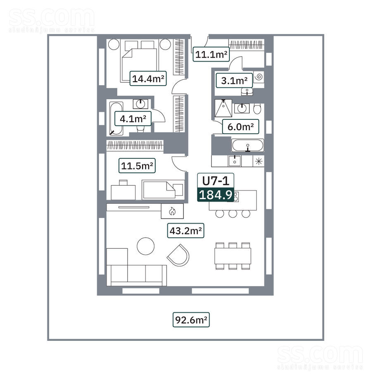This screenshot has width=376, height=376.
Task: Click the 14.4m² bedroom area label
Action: pyautogui.click(x=148, y=79)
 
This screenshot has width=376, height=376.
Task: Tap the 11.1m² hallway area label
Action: pyautogui.click(x=211, y=54)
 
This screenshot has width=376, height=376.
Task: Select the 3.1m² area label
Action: pyautogui.click(x=234, y=80)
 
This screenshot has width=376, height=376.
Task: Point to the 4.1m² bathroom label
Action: pyautogui.click(x=133, y=119)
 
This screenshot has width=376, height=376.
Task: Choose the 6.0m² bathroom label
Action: pyautogui.click(x=240, y=126)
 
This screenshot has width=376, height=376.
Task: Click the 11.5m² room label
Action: pyautogui.click(x=137, y=165)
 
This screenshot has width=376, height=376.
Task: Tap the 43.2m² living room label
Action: pyautogui.click(x=186, y=231)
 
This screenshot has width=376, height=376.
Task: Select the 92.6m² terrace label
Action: pyautogui.click(x=191, y=320)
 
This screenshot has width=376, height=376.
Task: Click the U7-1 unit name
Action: pyautogui.click(x=216, y=181)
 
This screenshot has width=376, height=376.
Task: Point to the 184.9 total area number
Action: pyautogui.click(x=216, y=195)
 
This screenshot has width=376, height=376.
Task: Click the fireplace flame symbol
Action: pyautogui.click(x=172, y=211)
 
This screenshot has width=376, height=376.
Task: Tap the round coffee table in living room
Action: pyautogui.click(x=145, y=246)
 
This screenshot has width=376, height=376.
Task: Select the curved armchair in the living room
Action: pyautogui.click(x=178, y=255)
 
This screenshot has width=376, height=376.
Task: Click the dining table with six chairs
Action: pyautogui.click(x=233, y=256)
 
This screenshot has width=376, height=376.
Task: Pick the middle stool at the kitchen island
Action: pyautogui.click(x=233, y=214)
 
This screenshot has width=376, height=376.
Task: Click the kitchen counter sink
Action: pyautogui.click(x=235, y=161)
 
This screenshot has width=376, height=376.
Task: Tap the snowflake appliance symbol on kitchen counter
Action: pyautogui.click(x=259, y=161)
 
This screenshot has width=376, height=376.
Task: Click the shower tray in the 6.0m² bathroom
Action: pyautogui.click(x=223, y=108)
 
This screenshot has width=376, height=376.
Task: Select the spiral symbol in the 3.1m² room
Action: pyautogui.click(x=259, y=77)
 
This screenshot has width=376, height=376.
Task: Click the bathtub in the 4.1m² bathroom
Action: pyautogui.click(x=116, y=119)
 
